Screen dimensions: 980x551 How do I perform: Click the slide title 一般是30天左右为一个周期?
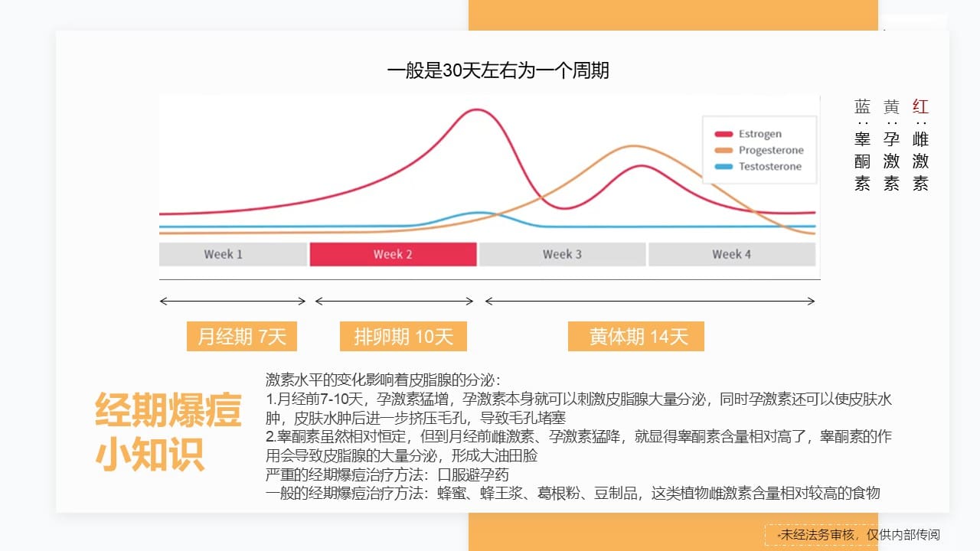point(498,70)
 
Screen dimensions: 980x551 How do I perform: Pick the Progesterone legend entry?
point(759,150)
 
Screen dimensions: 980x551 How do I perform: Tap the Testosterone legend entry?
point(758,166)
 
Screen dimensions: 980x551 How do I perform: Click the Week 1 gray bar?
point(234,254)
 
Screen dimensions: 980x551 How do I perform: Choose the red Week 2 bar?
point(393,254)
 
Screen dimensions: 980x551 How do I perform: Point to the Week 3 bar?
point(562,254)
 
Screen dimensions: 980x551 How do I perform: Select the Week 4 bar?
point(731,254)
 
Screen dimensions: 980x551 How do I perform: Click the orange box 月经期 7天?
point(241,336)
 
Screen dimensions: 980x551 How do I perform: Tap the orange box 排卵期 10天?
point(403,336)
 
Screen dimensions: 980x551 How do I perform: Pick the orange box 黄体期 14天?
point(636,336)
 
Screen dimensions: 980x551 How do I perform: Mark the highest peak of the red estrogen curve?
point(476,109)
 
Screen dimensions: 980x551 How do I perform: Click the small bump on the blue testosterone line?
point(479,213)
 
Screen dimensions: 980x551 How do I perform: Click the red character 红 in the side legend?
point(920,106)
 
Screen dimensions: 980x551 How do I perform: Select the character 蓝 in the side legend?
point(862,106)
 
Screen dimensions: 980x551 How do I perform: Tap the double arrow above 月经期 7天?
point(233,301)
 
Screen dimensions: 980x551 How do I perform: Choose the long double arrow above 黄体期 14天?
point(650,301)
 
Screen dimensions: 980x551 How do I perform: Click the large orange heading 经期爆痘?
point(168,409)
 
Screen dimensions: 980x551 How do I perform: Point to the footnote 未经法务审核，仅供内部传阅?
point(860,534)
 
